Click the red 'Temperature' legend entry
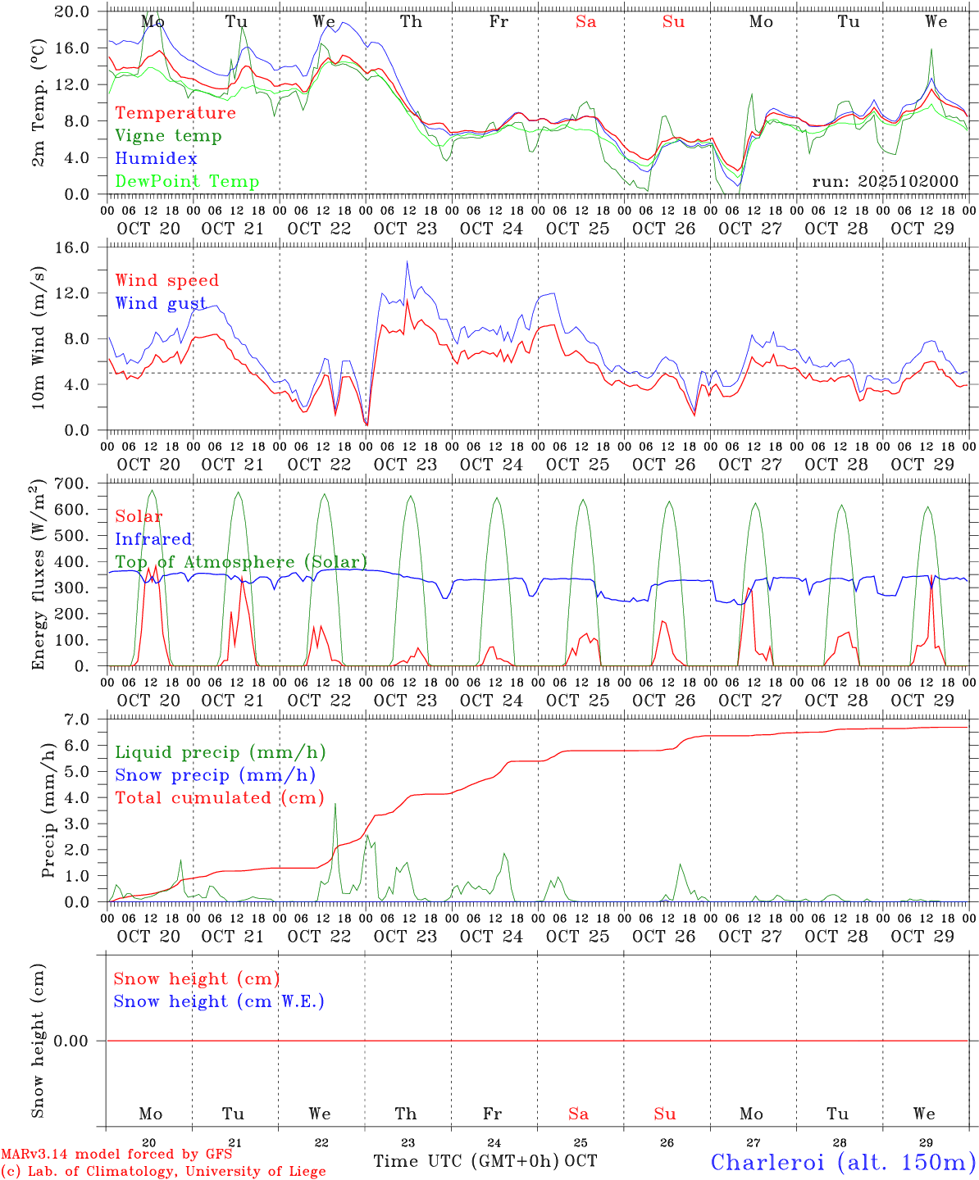(175, 113)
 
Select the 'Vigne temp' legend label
(168, 136)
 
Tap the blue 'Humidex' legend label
(156, 158)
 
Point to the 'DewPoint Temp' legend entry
(187, 181)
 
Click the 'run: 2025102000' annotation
(885, 181)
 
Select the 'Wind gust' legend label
(161, 303)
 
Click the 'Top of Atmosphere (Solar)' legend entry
(241, 562)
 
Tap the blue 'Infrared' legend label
(153, 539)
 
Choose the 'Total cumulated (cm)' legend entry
(220, 797)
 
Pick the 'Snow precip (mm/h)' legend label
(215, 775)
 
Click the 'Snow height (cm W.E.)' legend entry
(219, 1001)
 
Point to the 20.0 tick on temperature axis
(72, 11)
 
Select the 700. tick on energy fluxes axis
(72, 483)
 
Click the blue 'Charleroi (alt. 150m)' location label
(843, 1162)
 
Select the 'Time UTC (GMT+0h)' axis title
(467, 1161)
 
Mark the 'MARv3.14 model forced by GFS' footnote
(116, 1155)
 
